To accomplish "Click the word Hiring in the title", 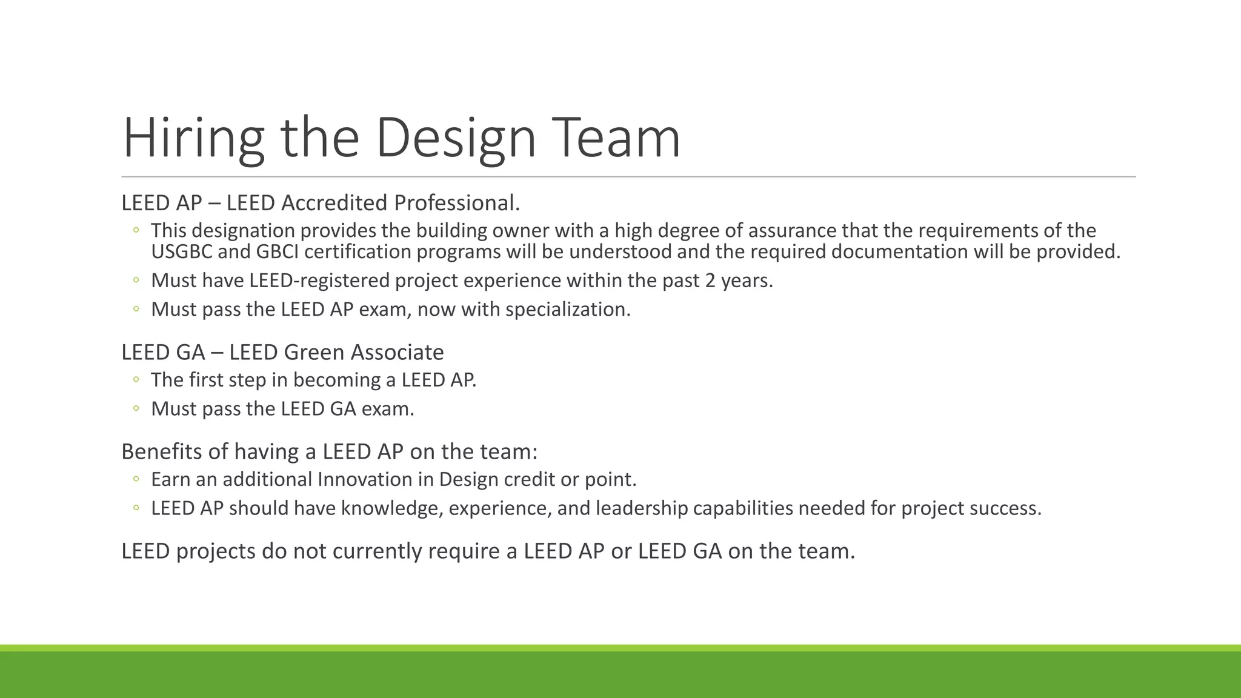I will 193,138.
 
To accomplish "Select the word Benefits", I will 157,451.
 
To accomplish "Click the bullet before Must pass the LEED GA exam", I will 136,409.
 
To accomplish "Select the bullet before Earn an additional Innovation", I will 136,479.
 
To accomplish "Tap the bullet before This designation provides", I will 136,230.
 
